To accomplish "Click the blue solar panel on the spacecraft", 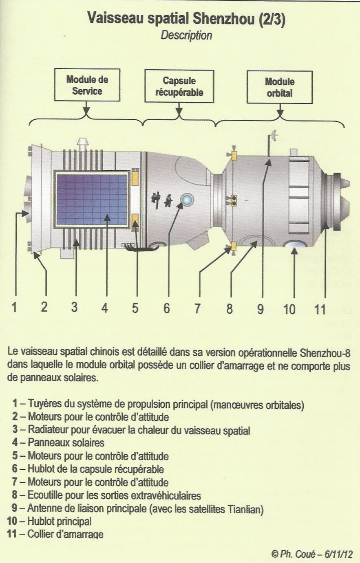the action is click(x=92, y=199).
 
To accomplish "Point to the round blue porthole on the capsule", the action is click(x=188, y=200).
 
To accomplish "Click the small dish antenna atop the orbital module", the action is click(x=274, y=136).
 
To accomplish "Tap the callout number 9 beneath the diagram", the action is click(x=261, y=309).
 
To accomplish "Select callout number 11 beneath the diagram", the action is click(x=320, y=309).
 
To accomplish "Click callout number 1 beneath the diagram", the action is click(x=14, y=307).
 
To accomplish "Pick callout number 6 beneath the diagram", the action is click(x=166, y=308).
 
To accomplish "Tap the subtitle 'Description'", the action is click(x=186, y=35).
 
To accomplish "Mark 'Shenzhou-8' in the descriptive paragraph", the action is click(x=325, y=353).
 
